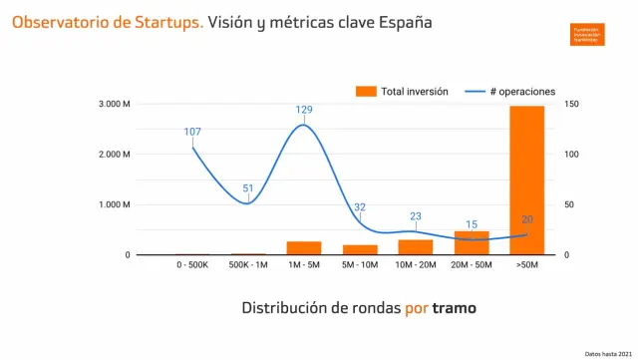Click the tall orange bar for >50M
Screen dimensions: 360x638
point(527,180)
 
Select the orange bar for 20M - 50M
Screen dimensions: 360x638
point(472,243)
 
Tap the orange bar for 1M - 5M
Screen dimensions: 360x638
point(304,248)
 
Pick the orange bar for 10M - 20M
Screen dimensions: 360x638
point(416,247)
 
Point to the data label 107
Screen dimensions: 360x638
point(192,132)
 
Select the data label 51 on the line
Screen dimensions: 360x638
point(248,188)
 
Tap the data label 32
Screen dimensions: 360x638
point(360,207)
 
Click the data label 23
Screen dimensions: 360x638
point(416,216)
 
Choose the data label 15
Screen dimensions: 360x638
point(472,224)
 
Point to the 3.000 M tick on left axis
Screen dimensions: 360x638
point(114,104)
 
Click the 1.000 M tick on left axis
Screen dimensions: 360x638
point(114,204)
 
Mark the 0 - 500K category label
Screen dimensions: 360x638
point(192,266)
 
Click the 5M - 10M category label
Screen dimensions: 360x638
point(360,266)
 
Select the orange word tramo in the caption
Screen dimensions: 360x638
point(455,308)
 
